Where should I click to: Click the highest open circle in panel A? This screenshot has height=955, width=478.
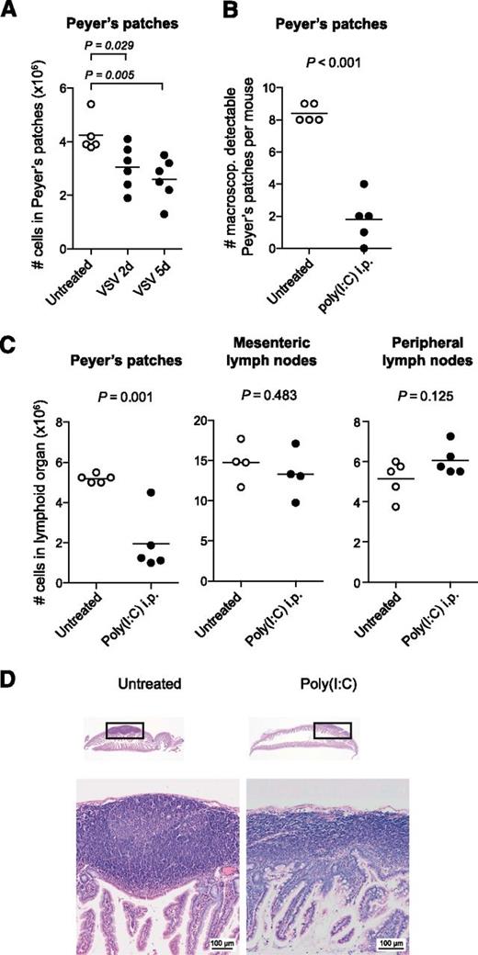90,104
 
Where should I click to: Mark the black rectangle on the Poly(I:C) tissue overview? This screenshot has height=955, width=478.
332,730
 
